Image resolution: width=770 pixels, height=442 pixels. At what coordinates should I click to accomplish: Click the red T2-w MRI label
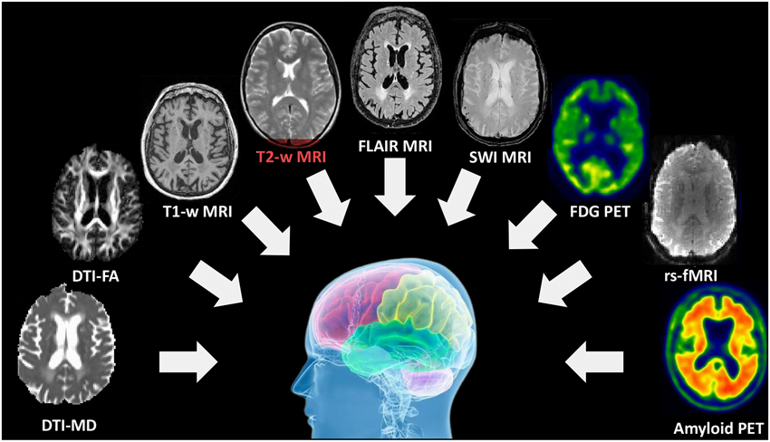(291, 157)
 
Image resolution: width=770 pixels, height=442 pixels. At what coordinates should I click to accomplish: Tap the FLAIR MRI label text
(395, 146)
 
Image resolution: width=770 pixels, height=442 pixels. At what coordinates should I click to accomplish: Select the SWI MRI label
(500, 158)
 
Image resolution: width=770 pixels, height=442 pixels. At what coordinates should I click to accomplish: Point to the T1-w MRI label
(197, 212)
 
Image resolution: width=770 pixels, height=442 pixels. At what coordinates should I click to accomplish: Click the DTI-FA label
(96, 276)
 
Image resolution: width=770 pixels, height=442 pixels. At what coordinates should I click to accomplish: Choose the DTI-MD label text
(68, 424)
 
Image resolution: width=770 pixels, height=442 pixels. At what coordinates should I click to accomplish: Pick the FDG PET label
(600, 212)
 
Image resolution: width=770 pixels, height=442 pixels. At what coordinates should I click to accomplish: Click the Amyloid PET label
(719, 428)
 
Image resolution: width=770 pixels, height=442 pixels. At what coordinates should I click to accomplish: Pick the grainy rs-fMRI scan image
(693, 200)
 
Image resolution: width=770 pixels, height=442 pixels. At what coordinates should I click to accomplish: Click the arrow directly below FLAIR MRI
(395, 187)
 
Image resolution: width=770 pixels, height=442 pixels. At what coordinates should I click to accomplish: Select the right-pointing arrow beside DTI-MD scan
(188, 361)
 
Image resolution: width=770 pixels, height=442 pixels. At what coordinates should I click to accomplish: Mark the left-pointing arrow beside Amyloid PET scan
(594, 362)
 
